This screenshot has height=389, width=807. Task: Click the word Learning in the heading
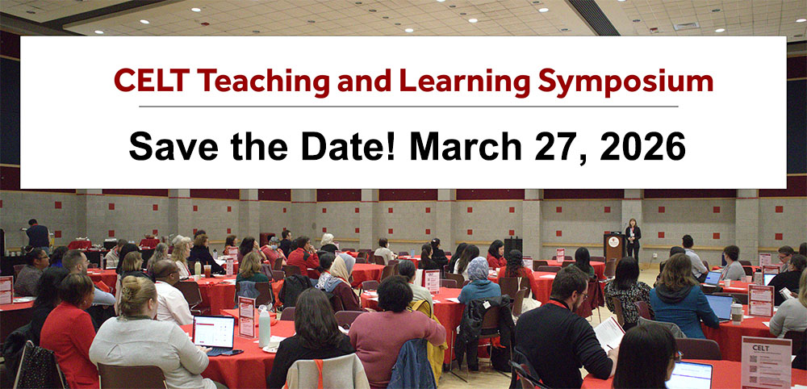[x=450, y=81]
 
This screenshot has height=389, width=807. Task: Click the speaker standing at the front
[x=633, y=240]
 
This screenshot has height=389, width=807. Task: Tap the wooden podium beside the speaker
[x=614, y=245]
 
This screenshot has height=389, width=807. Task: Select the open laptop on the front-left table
[x=214, y=333]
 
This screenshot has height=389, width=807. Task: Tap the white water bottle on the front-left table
[x=264, y=327]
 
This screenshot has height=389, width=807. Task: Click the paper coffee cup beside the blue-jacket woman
[x=737, y=312]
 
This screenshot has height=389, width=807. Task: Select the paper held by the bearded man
[x=610, y=333]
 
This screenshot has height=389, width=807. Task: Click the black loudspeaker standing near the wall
[x=513, y=245]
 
